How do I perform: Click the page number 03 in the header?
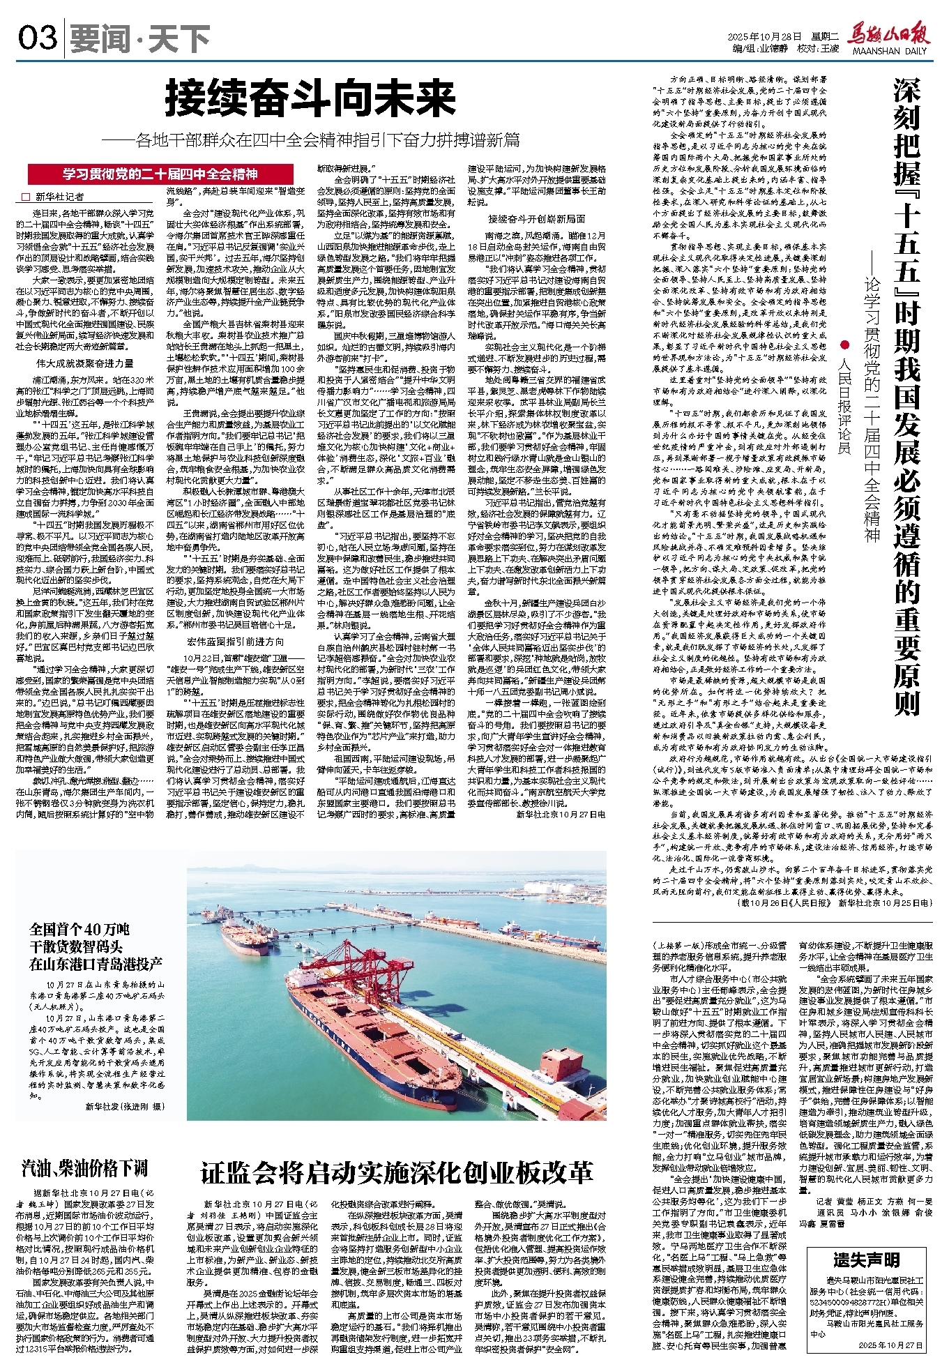coord(38,38)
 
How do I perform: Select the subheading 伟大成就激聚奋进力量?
coord(85,363)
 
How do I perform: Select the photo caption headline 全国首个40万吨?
coord(79,928)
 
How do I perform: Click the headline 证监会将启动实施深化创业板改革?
coord(397,1172)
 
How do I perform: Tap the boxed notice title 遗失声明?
coord(865,1260)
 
